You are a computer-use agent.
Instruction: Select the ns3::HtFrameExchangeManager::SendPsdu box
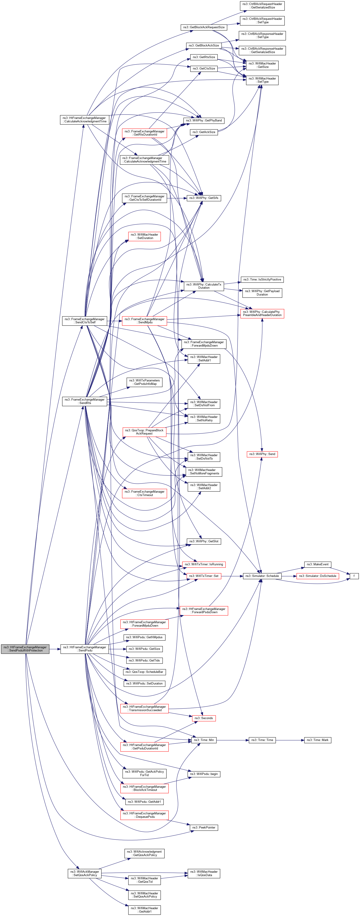pyautogui.click(x=84, y=649)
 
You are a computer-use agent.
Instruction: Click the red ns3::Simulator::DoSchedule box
pyautogui.click(x=317, y=576)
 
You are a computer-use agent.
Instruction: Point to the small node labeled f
pyautogui.click(x=354, y=576)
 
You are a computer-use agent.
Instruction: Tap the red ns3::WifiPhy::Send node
pyautogui.click(x=262, y=454)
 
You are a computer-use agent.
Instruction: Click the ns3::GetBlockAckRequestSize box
pyautogui.click(x=203, y=27)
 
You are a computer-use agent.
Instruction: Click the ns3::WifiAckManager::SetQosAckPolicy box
pyautogui.click(x=84, y=873)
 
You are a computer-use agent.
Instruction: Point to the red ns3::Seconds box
pyautogui.click(x=203, y=718)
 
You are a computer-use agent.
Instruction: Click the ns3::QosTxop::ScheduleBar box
pyautogui.click(x=144, y=672)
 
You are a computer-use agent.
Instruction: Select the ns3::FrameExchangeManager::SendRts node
pyautogui.click(x=84, y=401)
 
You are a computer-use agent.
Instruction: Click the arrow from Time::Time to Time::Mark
pyautogui.click(x=290, y=740)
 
